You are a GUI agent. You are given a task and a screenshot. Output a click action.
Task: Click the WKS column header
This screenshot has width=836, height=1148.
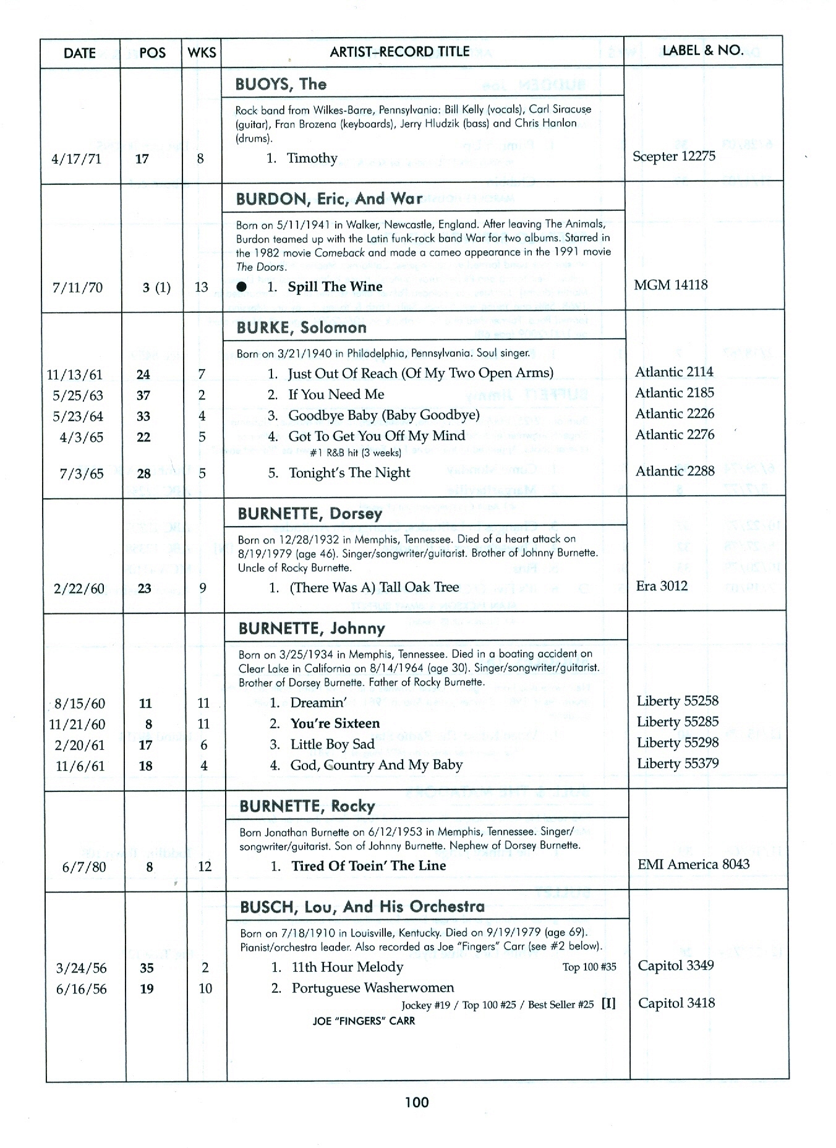(202, 53)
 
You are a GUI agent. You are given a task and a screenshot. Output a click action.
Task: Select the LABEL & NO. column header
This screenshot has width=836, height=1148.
(702, 51)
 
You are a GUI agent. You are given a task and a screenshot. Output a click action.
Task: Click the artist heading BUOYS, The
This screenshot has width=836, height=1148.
(281, 84)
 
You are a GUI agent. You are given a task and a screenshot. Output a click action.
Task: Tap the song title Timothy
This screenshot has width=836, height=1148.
(312, 158)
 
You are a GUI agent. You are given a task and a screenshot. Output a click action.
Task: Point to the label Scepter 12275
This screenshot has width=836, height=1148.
(673, 156)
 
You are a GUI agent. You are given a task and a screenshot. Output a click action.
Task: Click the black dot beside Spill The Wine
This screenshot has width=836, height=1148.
(242, 287)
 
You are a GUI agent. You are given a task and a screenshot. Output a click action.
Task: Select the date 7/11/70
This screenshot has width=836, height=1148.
(78, 287)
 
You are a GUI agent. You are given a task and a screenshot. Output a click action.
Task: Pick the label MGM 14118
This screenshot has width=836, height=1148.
(671, 285)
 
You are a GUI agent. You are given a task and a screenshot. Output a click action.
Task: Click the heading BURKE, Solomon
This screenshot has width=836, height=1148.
(301, 328)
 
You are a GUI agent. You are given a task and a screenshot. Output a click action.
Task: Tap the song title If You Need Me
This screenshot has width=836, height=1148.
(336, 394)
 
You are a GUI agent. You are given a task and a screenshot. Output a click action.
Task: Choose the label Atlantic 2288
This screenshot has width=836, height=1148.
(675, 471)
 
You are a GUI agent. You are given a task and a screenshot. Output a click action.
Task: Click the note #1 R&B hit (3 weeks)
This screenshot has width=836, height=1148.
(356, 453)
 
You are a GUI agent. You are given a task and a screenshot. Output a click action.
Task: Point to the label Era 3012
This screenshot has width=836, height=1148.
(662, 586)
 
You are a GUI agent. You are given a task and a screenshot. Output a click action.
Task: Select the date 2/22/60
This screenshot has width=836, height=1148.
(79, 589)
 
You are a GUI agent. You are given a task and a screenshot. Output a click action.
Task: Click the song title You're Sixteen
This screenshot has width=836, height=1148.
(335, 723)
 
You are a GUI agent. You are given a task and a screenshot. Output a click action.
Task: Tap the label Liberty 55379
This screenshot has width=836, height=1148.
(678, 763)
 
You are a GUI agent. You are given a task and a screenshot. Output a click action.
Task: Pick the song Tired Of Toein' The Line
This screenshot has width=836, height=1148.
(369, 866)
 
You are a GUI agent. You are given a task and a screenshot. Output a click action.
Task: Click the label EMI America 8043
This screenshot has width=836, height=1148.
(693, 864)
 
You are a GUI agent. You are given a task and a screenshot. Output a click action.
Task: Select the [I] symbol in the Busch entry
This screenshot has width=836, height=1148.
(609, 1003)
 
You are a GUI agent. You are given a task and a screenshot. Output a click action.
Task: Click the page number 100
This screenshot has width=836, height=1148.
(417, 1102)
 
